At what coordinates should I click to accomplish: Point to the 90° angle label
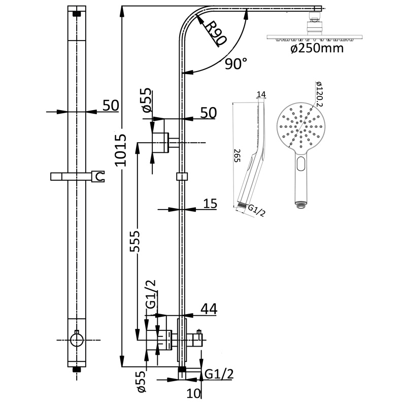pyautogui.click(x=236, y=64)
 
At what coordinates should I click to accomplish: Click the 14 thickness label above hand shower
pyautogui.click(x=261, y=94)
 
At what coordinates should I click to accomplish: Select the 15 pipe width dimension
pyautogui.click(x=210, y=204)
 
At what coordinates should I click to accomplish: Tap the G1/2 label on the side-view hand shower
pyautogui.click(x=256, y=210)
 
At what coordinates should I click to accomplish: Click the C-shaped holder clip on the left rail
pyautogui.click(x=100, y=177)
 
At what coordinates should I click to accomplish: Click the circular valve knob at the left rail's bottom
pyautogui.click(x=77, y=340)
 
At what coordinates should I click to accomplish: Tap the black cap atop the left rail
pyautogui.click(x=77, y=14)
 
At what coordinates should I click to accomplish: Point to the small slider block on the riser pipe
pyautogui.click(x=182, y=176)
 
